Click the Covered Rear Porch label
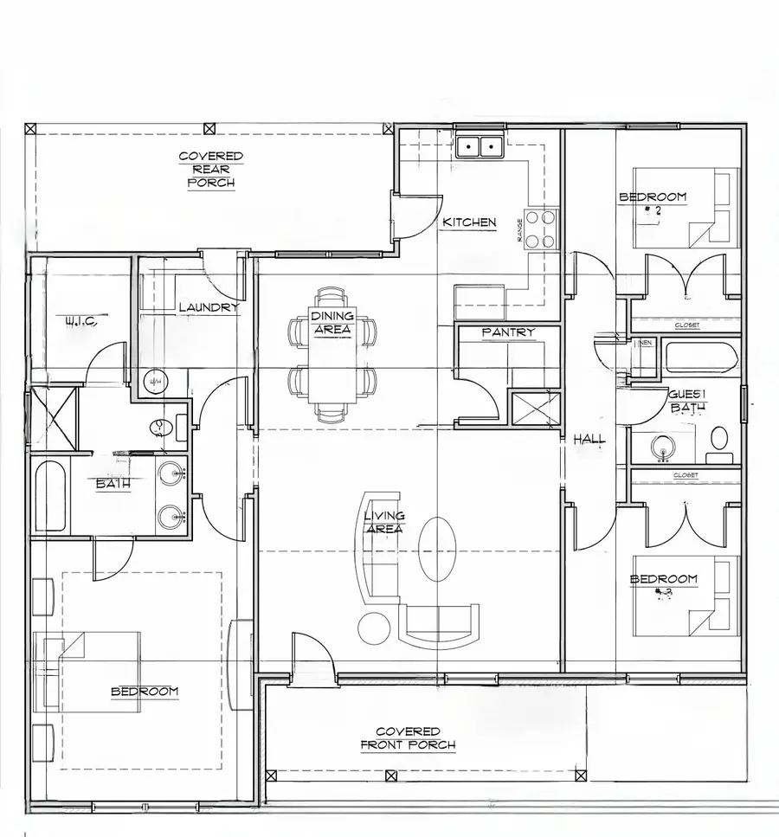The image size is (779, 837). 210,170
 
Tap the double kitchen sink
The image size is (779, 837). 480,146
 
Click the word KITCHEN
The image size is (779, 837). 469,222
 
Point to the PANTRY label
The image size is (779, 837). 508,332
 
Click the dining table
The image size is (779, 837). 332,355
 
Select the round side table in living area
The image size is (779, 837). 374,628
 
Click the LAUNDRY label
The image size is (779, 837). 208,307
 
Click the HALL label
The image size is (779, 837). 589,440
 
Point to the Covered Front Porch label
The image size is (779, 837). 407,738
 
